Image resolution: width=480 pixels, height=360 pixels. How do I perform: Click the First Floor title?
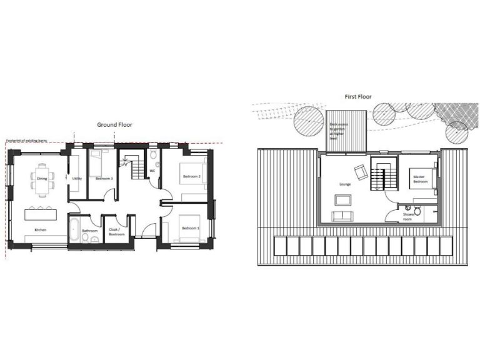pos(358,97)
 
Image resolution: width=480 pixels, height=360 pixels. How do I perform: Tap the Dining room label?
pos(41,179)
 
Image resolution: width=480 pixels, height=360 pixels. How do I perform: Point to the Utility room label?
pos(77,179)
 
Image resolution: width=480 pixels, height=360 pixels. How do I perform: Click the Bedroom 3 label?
pos(104,179)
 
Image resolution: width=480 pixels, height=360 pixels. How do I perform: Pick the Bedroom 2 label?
pos(191,177)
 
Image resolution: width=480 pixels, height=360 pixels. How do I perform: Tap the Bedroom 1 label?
pos(190,229)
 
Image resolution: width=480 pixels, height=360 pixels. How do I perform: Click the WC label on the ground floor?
pos(152,171)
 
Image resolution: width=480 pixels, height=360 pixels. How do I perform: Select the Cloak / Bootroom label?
pos(117,232)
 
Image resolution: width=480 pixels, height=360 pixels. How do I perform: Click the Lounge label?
pos(344,184)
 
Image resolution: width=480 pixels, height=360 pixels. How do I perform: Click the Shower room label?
pos(407,217)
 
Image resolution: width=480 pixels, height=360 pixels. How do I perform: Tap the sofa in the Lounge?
pos(342,217)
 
